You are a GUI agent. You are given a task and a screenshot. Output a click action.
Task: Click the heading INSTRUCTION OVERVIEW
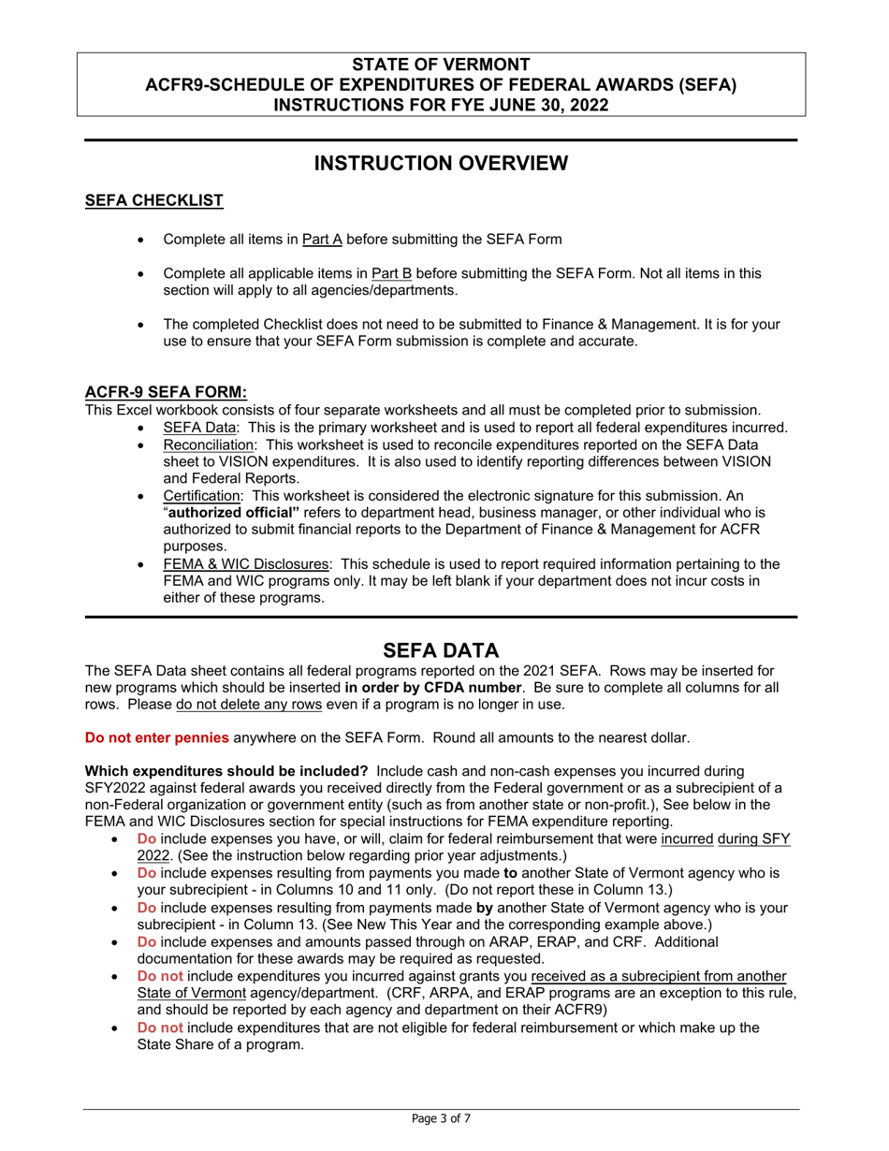[x=441, y=164]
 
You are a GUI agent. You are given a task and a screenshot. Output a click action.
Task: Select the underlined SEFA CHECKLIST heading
[x=153, y=200]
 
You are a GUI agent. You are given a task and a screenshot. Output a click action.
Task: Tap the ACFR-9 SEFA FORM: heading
[x=166, y=392]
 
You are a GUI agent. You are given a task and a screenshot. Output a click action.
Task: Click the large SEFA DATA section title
[x=441, y=650]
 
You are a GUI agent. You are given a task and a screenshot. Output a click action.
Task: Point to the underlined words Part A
[x=323, y=240]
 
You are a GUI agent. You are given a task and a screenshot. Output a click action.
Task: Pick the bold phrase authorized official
[x=234, y=512]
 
